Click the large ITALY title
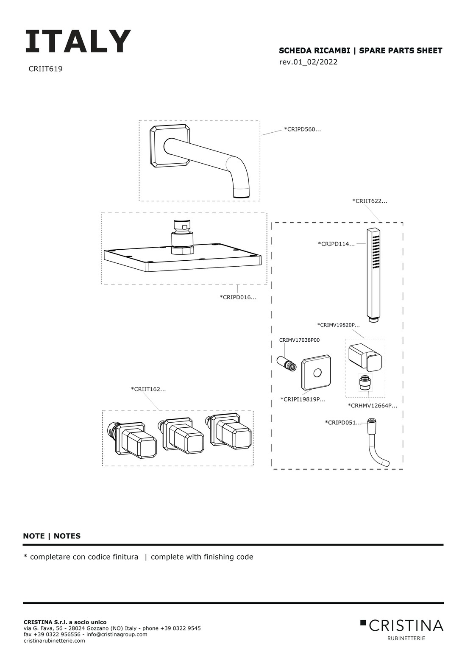(x=78, y=41)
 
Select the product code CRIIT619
(x=45, y=69)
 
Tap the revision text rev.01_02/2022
(x=308, y=62)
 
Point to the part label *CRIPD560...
(x=303, y=129)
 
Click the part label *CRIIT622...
(x=370, y=201)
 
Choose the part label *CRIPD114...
(x=336, y=244)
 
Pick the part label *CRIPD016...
(x=238, y=297)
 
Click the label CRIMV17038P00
(x=299, y=340)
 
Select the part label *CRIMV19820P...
(x=338, y=325)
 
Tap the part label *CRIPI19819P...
(x=303, y=399)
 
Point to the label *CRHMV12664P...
(x=373, y=406)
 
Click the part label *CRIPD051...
(x=343, y=422)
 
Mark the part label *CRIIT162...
(x=148, y=389)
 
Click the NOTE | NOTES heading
(x=52, y=536)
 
